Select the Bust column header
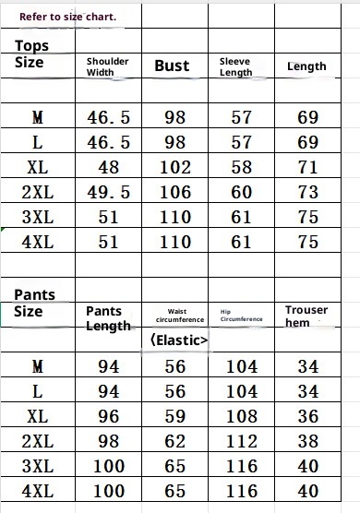click(x=172, y=66)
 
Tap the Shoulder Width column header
click(x=107, y=66)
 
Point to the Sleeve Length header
click(x=235, y=66)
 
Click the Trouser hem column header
click(x=306, y=316)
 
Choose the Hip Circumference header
click(x=242, y=316)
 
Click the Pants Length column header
click(x=108, y=318)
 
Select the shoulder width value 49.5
click(x=108, y=192)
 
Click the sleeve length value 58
click(x=242, y=168)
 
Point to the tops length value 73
click(x=308, y=192)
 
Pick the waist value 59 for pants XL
click(x=175, y=415)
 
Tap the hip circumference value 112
click(x=242, y=440)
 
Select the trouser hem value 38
click(x=308, y=440)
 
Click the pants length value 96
click(x=108, y=415)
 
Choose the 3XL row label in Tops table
click(x=37, y=217)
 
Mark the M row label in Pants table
click(x=37, y=366)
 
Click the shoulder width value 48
click(x=108, y=168)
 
